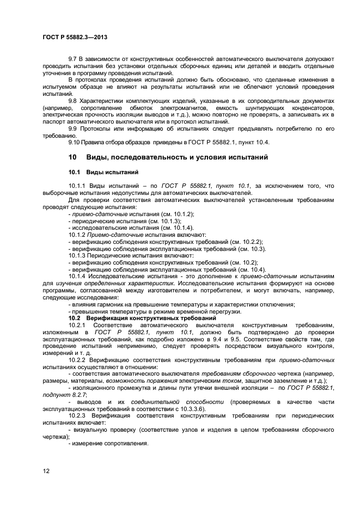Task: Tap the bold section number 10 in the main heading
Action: coord(72,157)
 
